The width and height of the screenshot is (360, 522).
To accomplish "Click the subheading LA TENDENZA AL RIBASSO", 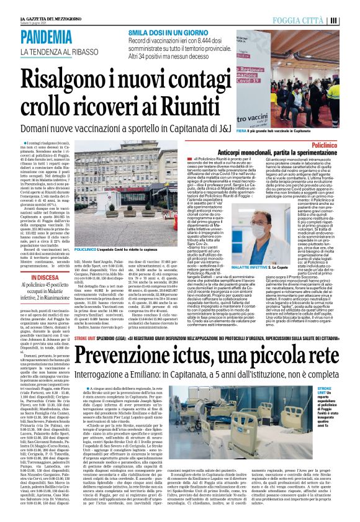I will click(x=59, y=51).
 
